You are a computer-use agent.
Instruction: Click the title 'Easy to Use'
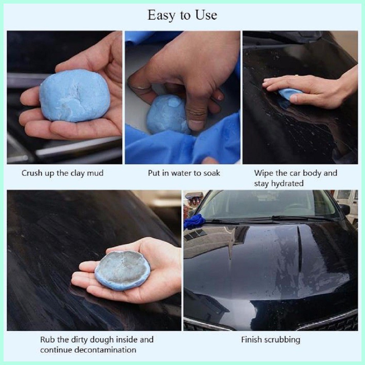[182, 15]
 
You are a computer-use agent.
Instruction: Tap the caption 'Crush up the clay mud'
[62, 173]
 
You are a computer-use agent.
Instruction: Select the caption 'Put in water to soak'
[184, 173]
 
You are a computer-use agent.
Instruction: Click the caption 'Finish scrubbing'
[271, 340]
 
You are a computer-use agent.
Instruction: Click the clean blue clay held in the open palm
[74, 96]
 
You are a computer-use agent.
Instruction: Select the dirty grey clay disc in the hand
[122, 270]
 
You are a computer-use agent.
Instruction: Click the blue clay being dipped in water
[166, 115]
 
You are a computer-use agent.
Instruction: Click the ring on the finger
[139, 88]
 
